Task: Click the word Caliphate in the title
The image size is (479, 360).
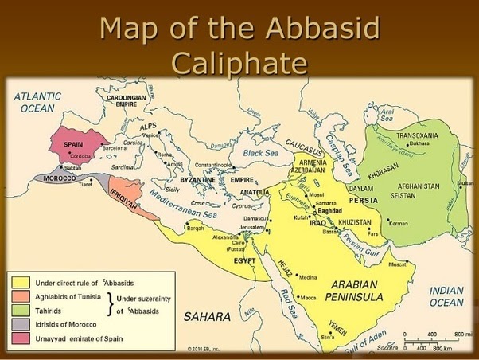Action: tap(240, 62)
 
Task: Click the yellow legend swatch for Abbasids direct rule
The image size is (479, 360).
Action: tap(21, 281)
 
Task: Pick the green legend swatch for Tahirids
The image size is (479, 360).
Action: tap(21, 310)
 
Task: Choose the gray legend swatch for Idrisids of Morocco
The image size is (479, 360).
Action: tap(21, 324)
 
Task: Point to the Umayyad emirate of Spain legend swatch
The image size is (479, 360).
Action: tap(21, 339)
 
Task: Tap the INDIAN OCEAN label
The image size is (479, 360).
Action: tap(446, 296)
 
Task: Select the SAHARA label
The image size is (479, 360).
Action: tap(207, 316)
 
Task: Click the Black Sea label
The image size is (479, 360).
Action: tap(259, 153)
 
